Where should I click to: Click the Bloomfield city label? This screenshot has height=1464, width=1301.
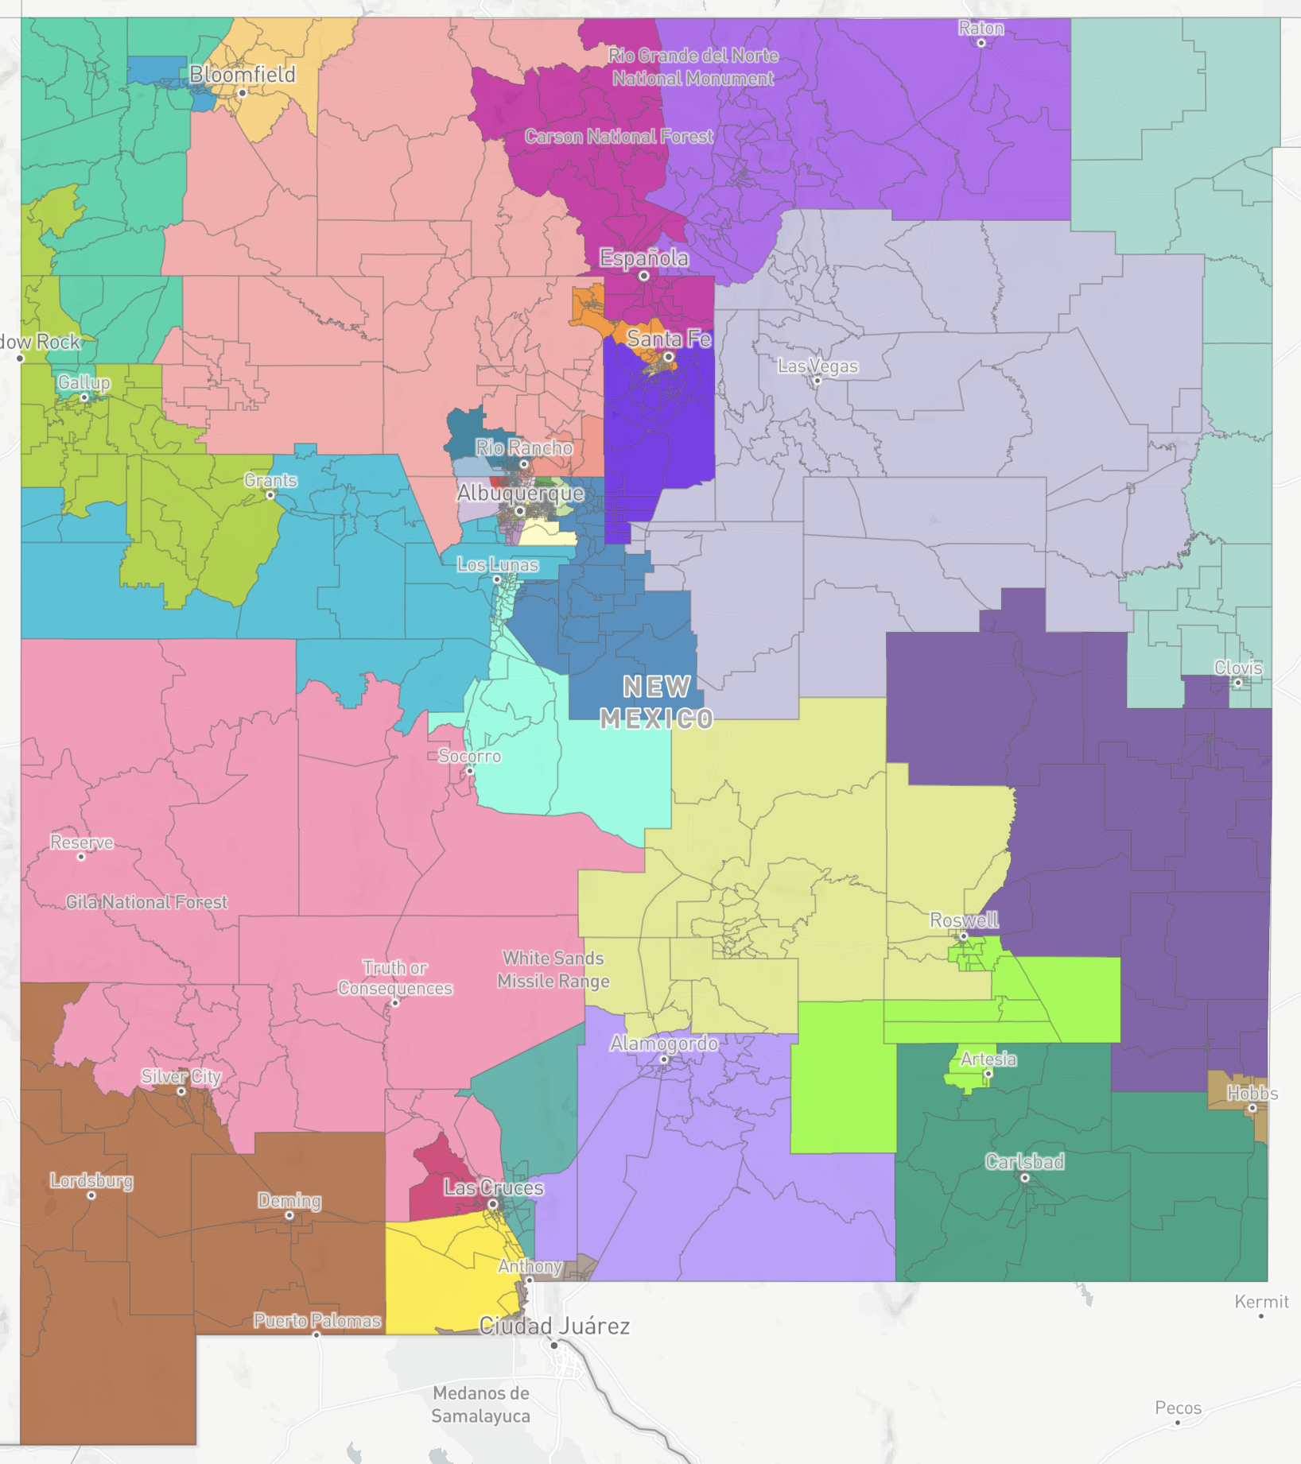[x=242, y=75]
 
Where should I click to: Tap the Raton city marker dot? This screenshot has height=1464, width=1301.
[x=981, y=43]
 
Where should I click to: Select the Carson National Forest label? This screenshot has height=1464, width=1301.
[x=619, y=137]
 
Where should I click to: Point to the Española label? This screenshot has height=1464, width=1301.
[x=643, y=258]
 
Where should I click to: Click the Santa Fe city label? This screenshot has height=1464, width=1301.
[x=669, y=339]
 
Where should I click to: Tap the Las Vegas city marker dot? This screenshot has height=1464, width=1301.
[x=817, y=381]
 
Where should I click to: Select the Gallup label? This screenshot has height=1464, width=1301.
[x=83, y=382]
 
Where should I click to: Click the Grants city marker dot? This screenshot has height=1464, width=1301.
[x=270, y=495]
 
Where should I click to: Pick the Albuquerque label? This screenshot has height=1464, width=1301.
[x=520, y=493]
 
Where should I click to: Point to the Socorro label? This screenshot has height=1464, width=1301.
[x=469, y=756]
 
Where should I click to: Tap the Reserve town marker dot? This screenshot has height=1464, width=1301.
[x=81, y=857]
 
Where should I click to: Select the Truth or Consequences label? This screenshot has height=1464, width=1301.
[x=394, y=978]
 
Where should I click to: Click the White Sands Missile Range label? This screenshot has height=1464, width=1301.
[x=553, y=970]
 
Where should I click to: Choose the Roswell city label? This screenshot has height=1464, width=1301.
[x=963, y=920]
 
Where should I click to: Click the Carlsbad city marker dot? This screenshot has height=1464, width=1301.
[x=1024, y=1178]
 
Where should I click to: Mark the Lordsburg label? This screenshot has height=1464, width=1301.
[x=91, y=1180]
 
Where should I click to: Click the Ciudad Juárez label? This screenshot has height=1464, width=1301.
[x=554, y=1326]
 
